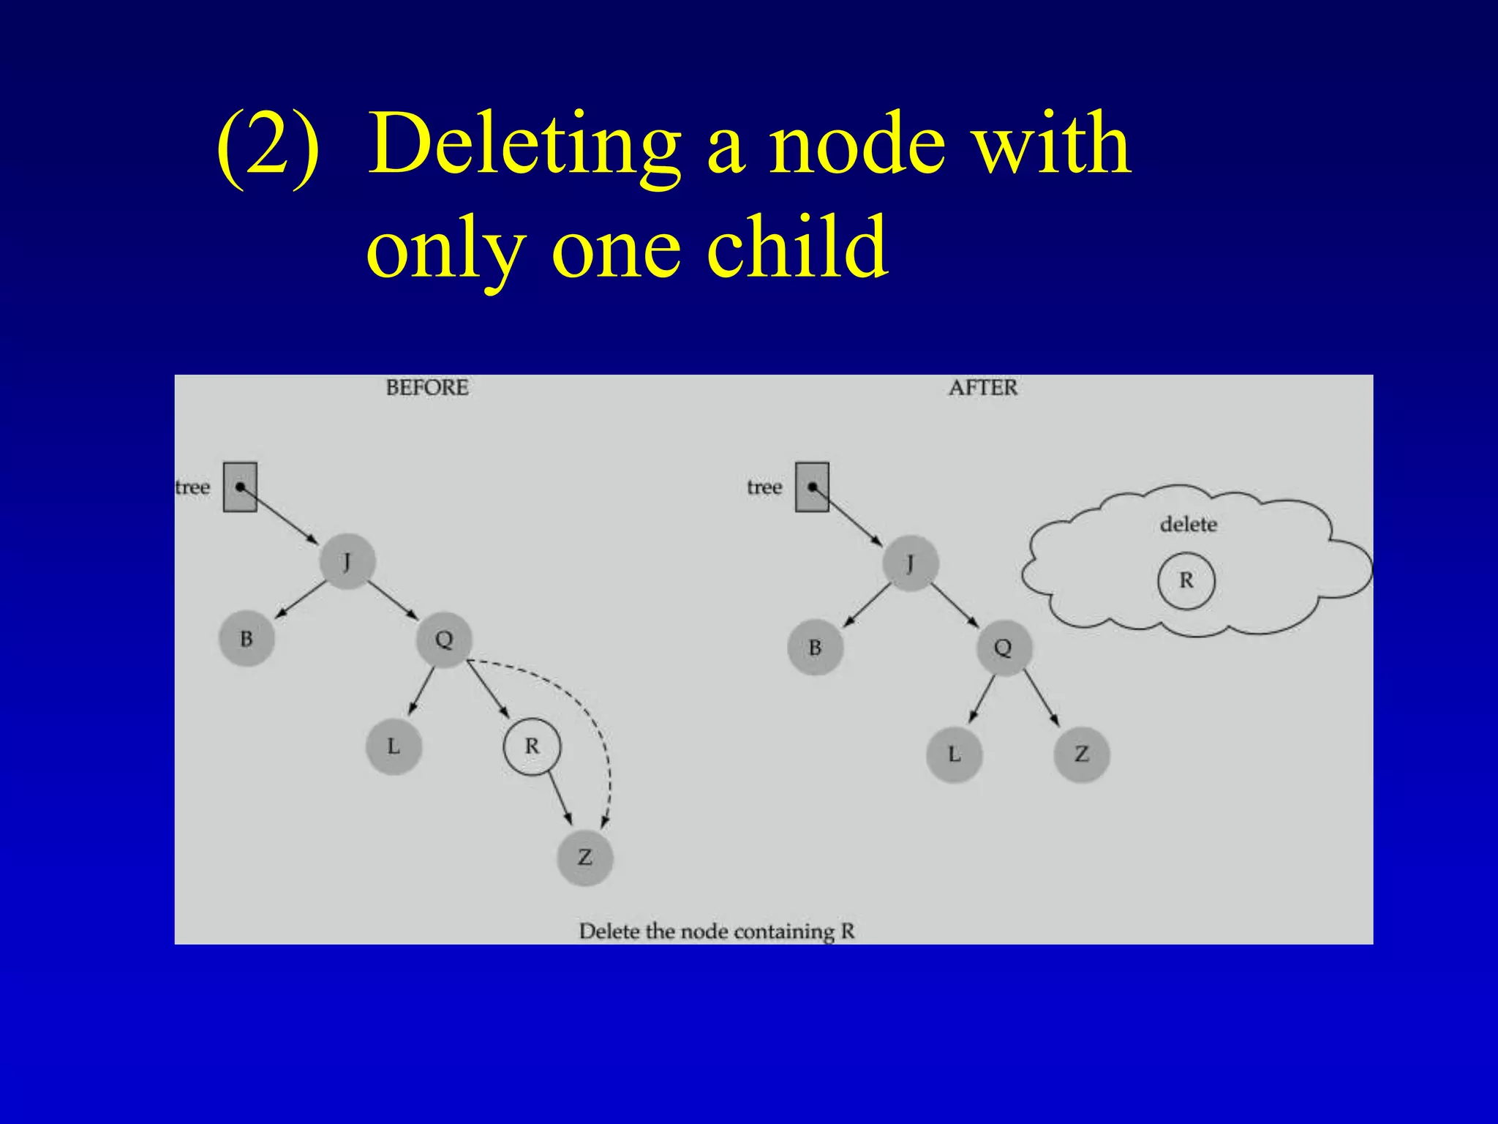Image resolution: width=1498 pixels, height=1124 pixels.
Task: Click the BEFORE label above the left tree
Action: [x=427, y=387]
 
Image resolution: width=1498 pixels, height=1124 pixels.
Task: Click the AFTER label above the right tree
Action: [x=983, y=387]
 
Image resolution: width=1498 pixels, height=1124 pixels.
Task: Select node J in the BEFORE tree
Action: [x=347, y=562]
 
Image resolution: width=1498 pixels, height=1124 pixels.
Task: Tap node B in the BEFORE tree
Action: [x=246, y=639]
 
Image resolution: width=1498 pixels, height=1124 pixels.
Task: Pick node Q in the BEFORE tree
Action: [x=444, y=640]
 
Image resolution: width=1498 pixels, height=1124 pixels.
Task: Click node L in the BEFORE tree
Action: [x=394, y=746]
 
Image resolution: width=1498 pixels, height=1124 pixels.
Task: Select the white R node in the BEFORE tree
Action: [x=532, y=746]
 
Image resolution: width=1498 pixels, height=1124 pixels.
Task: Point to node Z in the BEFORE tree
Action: [x=584, y=857]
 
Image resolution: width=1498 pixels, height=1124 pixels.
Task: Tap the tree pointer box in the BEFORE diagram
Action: [x=240, y=487]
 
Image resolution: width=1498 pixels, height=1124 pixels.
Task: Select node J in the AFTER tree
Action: [x=910, y=563]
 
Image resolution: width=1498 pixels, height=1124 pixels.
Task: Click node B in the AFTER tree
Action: [x=815, y=648]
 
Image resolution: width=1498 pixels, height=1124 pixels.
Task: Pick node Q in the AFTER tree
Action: [x=1003, y=648]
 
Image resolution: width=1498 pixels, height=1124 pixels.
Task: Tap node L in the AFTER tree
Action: [x=954, y=754]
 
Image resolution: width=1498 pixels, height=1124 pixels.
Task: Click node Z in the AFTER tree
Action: [x=1082, y=754]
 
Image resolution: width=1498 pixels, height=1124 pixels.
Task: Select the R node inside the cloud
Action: [x=1186, y=581]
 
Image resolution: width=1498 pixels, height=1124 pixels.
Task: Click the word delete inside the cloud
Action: [x=1188, y=524]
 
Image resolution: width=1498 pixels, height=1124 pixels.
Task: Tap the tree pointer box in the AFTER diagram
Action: [x=812, y=487]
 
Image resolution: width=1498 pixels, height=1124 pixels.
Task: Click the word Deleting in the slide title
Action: [x=524, y=144]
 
